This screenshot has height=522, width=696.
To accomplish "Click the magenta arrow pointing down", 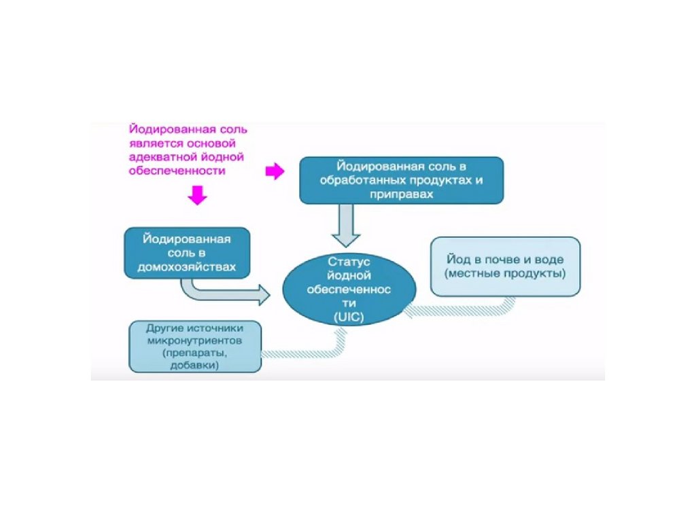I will click(197, 196).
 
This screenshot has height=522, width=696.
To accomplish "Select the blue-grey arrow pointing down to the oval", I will click(347, 227).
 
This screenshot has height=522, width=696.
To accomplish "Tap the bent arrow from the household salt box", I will click(224, 292).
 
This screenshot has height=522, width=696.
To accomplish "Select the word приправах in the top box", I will click(401, 194).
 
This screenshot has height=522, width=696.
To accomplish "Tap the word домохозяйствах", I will click(187, 267).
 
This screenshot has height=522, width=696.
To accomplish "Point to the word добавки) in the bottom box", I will click(195, 365).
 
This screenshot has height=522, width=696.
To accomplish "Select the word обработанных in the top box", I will click(364, 180).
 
